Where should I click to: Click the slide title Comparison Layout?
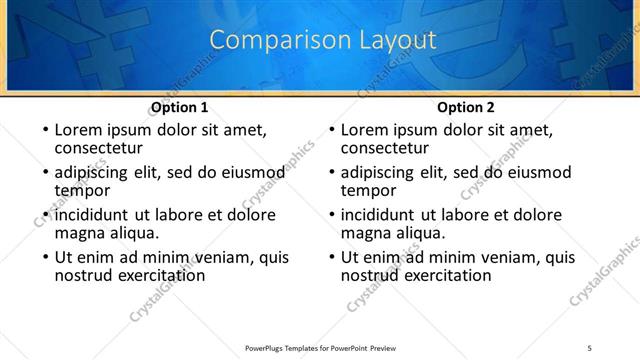[324, 41]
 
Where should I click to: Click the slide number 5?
[589, 347]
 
